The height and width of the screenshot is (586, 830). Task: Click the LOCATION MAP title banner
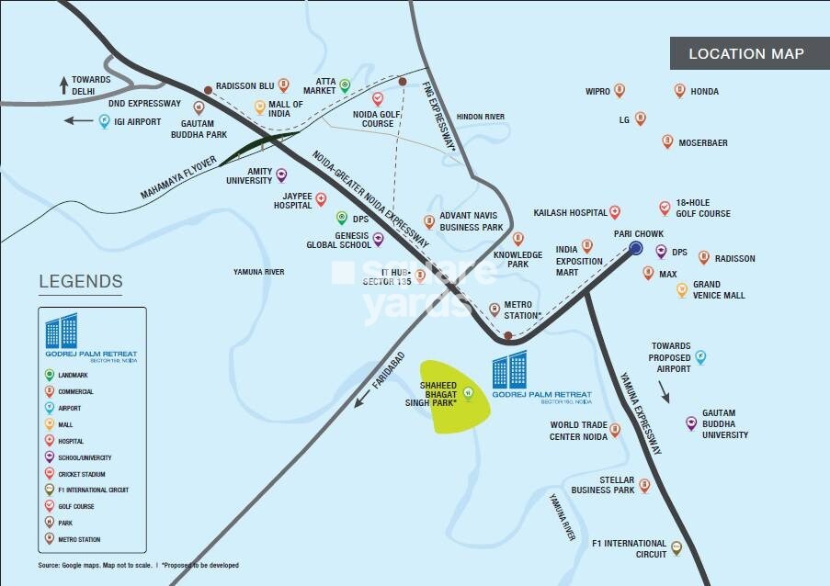(x=745, y=54)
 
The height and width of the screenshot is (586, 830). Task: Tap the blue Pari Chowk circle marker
(x=635, y=248)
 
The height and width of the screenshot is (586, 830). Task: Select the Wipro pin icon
(x=620, y=91)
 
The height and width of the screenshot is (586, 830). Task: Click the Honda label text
(x=705, y=92)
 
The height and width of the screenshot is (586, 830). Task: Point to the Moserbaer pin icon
(x=667, y=141)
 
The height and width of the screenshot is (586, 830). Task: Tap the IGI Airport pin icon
(x=104, y=121)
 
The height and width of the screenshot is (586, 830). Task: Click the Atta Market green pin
(x=345, y=86)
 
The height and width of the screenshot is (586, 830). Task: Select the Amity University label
(x=249, y=175)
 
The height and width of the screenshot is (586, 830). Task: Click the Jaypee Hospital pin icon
(x=321, y=199)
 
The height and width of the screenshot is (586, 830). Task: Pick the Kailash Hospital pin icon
(x=615, y=212)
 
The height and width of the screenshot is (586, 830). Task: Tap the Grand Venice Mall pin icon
(x=681, y=290)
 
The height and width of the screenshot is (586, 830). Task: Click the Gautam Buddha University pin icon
(x=690, y=423)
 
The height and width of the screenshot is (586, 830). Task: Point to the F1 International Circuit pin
(x=677, y=548)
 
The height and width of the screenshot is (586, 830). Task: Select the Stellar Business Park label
(x=602, y=485)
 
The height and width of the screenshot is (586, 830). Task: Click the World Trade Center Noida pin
(x=615, y=430)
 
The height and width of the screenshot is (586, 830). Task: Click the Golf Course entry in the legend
(x=76, y=506)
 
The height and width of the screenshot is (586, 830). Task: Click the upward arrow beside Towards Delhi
(x=63, y=86)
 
